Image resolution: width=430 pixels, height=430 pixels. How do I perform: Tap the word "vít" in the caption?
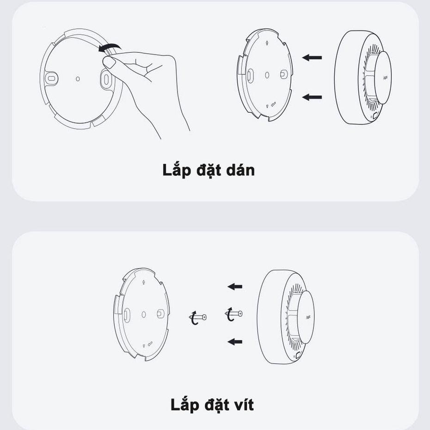242,405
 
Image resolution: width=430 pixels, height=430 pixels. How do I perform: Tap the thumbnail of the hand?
109,62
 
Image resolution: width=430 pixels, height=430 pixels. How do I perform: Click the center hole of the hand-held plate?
78,79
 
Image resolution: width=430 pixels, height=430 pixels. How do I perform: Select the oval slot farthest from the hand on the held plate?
51,79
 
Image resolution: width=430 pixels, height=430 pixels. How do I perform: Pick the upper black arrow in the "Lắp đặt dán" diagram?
312,58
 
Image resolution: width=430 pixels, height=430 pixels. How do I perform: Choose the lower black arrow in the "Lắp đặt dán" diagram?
312,97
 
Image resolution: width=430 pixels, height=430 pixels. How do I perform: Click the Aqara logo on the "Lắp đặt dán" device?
385,78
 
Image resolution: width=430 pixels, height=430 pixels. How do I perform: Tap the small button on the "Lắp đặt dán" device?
375,116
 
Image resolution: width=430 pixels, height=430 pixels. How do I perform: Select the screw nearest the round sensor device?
233,314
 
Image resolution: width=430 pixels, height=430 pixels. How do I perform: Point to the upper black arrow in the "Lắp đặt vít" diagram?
235,287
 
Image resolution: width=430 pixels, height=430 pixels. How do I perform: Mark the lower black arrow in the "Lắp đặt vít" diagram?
235,342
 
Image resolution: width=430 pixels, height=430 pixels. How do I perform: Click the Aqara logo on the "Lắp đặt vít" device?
308,318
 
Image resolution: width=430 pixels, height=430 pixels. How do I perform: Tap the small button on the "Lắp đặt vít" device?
298,356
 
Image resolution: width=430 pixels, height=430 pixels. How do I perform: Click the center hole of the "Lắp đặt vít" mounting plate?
144,314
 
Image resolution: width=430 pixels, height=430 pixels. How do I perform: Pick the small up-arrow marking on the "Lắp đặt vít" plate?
144,282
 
